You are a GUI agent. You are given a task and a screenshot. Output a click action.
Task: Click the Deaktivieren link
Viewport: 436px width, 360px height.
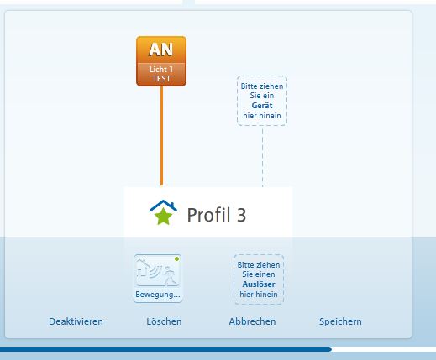[x=76, y=321]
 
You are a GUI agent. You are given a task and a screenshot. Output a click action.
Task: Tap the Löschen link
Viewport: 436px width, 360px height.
[x=164, y=321]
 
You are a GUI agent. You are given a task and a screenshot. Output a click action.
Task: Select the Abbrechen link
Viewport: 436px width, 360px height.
[x=252, y=321]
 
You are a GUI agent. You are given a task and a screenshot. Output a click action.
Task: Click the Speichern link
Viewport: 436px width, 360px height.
[x=340, y=321]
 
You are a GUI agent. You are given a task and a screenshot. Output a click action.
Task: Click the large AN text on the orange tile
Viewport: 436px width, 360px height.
[x=161, y=50]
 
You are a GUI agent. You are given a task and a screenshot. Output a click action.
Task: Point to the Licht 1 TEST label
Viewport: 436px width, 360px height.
[x=161, y=74]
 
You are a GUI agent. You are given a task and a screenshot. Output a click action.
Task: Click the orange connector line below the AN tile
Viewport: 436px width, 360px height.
[x=161, y=136]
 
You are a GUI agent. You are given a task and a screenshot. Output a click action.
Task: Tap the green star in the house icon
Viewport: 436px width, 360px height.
[x=164, y=217]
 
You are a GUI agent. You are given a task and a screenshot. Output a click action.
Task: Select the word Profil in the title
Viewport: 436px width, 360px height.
[x=209, y=215]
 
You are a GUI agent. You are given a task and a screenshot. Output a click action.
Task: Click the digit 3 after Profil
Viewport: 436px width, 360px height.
[x=241, y=215]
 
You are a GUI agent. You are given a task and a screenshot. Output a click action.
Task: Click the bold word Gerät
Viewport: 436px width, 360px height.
[x=262, y=106]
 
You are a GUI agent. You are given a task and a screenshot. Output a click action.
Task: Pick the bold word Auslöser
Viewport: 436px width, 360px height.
[x=259, y=284]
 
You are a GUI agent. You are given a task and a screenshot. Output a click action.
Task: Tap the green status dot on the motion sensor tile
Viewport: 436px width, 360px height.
[x=176, y=259]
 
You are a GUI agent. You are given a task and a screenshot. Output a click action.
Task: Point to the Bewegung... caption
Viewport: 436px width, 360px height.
[x=158, y=295]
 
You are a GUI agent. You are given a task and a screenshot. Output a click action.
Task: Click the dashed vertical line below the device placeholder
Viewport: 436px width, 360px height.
[x=262, y=156]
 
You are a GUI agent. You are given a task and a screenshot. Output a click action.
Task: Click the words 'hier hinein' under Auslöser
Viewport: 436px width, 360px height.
[x=259, y=295]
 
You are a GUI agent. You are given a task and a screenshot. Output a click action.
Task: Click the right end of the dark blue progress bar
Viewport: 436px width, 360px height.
[x=331, y=349]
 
